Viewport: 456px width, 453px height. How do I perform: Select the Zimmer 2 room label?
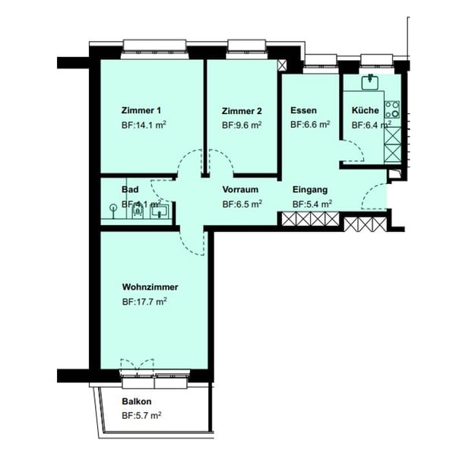tap(241, 109)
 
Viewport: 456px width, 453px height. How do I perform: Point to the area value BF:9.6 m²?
tap(242, 125)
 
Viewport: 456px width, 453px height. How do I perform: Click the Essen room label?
tap(303, 109)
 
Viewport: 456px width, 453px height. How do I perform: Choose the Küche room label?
tap(365, 109)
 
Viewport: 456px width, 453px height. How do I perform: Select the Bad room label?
tap(129, 188)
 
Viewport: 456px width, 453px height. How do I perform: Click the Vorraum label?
tap(241, 188)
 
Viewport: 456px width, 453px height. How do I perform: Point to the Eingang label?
tap(310, 188)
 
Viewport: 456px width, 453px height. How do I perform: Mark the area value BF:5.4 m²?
tap(312, 204)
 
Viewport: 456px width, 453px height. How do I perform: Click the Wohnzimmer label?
tap(150, 287)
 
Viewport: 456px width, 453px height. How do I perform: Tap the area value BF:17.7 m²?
tap(144, 301)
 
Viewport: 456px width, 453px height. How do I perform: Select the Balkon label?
tap(137, 401)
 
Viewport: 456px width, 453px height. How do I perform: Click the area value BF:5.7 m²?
tap(141, 416)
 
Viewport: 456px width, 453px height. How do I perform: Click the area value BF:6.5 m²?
tap(242, 204)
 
